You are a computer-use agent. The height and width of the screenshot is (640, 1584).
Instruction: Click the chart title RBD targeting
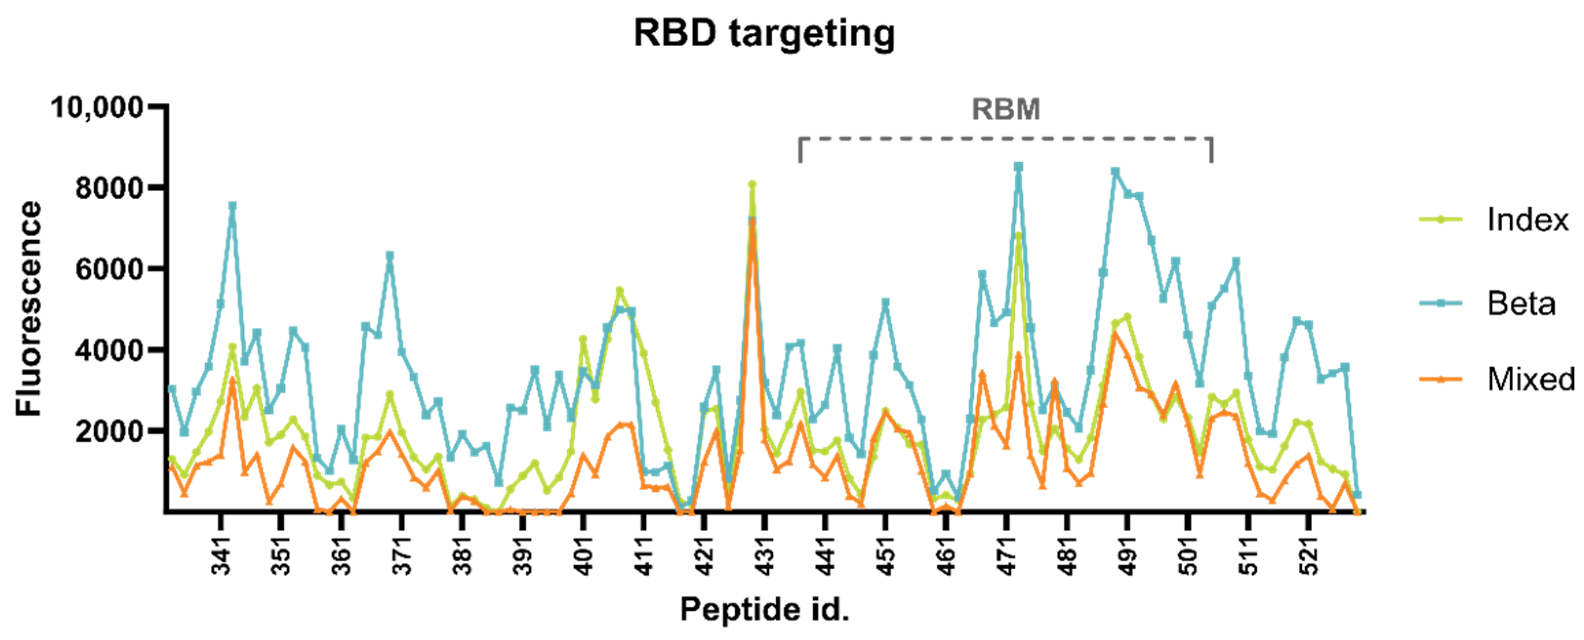coord(764,33)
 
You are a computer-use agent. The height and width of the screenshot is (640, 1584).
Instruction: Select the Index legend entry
coord(1527,220)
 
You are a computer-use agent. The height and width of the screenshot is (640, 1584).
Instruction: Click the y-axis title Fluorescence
coord(29,309)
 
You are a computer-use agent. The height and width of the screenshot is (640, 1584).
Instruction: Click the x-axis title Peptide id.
coord(764,610)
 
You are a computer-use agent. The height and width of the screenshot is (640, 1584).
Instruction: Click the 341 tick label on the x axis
coord(221,555)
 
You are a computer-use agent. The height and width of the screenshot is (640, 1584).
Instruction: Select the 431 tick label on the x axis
coord(765,555)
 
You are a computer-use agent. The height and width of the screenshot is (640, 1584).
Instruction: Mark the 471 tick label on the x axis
coord(1006,555)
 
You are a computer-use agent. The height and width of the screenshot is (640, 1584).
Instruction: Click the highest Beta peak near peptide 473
coord(1018,167)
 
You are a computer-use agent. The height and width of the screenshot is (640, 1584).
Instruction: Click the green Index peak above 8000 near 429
coord(752,184)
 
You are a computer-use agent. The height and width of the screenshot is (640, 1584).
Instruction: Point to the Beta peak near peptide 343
coord(232,206)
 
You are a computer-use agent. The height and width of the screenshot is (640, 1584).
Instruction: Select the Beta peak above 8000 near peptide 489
coord(1115,172)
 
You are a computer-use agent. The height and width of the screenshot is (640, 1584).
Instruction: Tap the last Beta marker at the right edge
coord(1357,494)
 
